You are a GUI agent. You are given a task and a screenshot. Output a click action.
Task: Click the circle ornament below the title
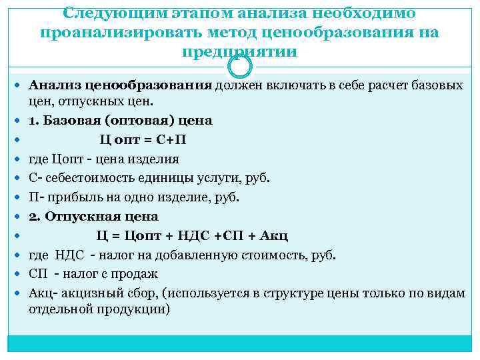coord(240,65)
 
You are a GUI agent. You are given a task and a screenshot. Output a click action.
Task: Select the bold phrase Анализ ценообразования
coord(120,86)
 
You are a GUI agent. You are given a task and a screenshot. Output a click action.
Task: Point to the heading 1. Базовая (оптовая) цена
coord(120,121)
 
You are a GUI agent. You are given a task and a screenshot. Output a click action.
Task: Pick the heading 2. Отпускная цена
coord(93,217)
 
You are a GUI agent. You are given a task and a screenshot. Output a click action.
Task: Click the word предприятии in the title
coord(240,52)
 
